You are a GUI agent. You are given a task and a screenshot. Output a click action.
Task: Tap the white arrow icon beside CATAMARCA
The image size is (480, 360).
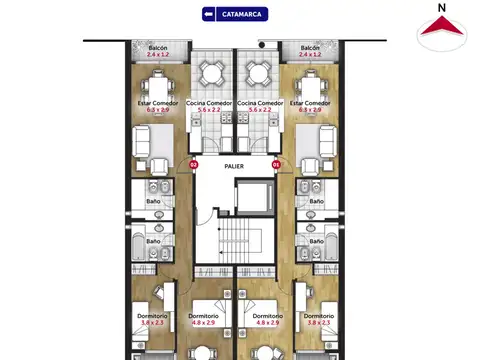point(209,14)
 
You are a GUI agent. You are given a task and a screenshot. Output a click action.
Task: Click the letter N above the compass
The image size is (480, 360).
point(441,7)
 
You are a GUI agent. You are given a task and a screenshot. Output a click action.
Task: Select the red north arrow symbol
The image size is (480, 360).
point(441,32)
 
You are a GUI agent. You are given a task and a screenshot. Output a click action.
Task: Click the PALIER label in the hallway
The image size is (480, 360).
point(234,166)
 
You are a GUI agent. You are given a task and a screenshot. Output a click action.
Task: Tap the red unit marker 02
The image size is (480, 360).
point(194,164)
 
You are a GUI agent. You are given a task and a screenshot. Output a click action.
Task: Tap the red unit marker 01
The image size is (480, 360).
point(275,164)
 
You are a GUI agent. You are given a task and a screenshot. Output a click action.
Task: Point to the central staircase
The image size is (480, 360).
point(235,241)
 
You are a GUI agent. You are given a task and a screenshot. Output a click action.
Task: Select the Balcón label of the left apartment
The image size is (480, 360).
point(158,47)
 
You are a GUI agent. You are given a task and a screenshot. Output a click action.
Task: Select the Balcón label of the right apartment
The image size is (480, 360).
point(311,47)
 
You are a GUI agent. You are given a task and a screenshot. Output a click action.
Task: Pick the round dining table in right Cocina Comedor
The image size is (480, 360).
point(259,72)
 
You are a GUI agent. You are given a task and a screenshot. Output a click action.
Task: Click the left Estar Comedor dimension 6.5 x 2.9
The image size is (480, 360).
point(157,109)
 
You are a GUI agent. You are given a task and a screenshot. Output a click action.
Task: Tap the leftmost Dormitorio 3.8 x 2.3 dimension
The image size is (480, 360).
point(152,323)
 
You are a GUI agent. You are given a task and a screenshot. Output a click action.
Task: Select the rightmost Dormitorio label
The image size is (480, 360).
point(317,316)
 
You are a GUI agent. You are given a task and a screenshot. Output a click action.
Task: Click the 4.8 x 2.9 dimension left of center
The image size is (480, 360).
point(204,323)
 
